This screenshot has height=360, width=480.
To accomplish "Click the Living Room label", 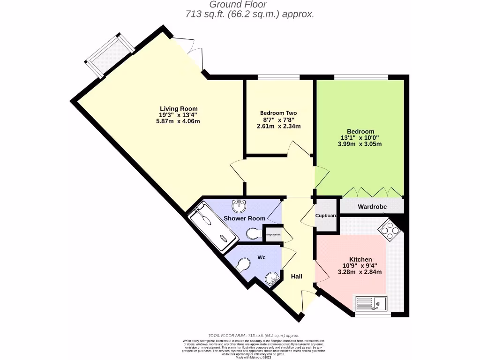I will (178, 108).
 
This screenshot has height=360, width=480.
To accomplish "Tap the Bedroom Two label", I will (278, 113).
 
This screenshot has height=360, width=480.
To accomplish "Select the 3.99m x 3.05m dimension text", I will (360, 144).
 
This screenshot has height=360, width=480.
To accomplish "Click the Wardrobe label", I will (372, 206).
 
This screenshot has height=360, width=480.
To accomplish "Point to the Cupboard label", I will (326, 216).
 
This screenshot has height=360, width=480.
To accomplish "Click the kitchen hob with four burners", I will (390, 229).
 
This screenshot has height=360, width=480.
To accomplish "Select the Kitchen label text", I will (360, 259).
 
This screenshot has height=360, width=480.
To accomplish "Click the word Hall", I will (296, 277).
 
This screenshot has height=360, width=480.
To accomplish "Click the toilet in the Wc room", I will (245, 266).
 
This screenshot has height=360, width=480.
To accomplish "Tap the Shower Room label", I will (244, 218).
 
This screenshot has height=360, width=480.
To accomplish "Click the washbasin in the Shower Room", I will (240, 204).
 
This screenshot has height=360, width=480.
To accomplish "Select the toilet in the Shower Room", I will (254, 233).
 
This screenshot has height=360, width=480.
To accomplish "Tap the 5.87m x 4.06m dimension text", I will (178, 121).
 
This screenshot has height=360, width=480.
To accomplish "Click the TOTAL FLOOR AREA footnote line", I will (253, 336).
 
